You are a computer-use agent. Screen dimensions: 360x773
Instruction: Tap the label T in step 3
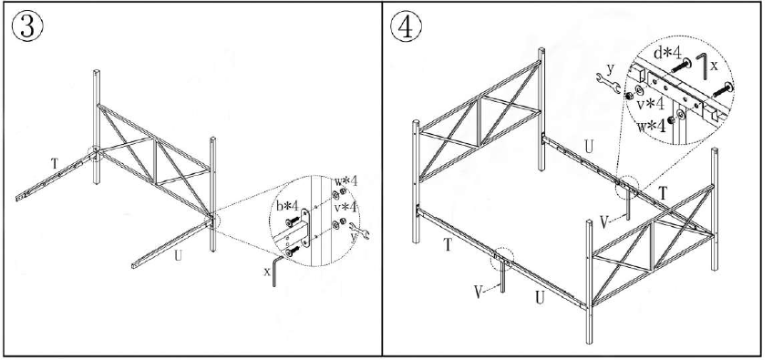pyautogui.click(x=55, y=163)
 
